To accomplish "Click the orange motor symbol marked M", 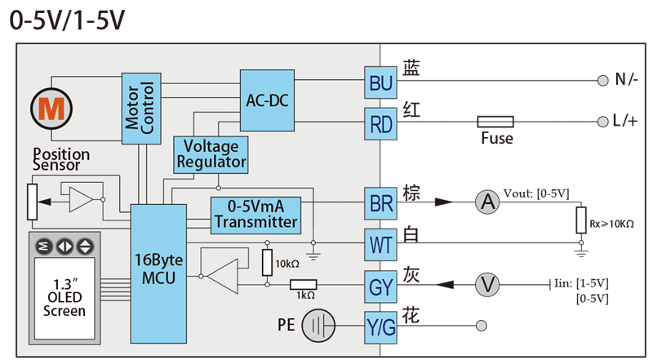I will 51,106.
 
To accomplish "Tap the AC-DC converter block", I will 267,100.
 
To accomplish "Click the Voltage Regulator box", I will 211,153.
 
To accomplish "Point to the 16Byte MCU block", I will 158,269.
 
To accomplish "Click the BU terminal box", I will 381,82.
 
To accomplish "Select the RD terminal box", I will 381,124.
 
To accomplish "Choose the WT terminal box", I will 381,244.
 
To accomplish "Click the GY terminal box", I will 381,287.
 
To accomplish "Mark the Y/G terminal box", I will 381,328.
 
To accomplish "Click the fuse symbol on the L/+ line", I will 495,122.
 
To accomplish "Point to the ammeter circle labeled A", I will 487,202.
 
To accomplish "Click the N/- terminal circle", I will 603,81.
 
